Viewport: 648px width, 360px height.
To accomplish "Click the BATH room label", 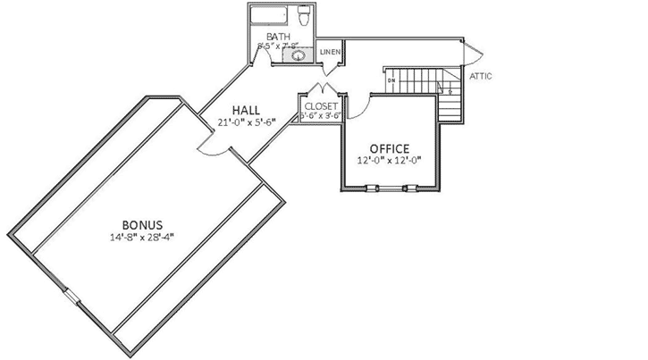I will click(278, 36).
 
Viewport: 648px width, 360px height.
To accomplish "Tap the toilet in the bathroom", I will click(305, 16).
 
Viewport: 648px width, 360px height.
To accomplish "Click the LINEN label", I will click(330, 51).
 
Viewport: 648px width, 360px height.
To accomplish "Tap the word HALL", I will click(246, 110).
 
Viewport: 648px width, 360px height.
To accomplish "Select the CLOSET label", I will click(320, 105).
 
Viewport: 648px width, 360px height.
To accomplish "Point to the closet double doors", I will click(320, 88).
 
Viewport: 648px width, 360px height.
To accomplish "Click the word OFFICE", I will click(390, 147).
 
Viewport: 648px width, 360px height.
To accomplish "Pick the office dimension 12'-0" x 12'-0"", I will click(390, 161).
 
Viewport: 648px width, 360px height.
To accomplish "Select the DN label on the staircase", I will click(391, 81).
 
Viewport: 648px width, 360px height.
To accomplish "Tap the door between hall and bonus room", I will click(213, 147).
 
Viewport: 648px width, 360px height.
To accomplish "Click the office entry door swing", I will click(355, 108).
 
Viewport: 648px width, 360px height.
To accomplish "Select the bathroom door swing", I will click(260, 55).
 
